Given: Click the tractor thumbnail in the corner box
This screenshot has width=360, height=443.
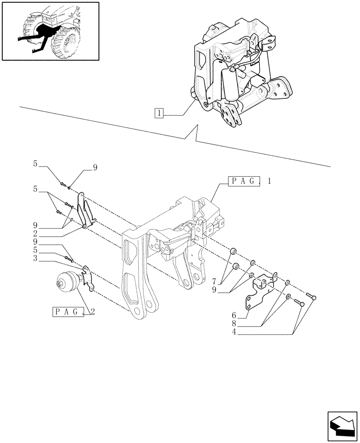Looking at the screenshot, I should point(50,31).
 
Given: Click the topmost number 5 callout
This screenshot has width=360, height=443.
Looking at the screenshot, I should point(35,164).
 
